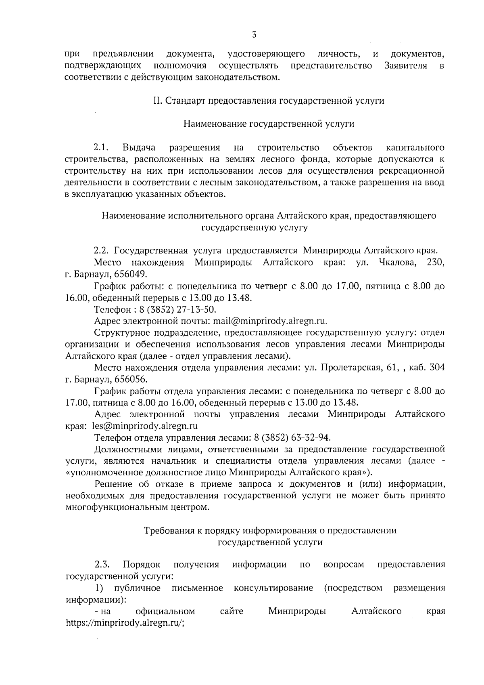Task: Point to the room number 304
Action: point(438,368)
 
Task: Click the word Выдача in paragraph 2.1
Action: point(140,147)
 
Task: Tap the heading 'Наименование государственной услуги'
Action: point(269,124)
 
